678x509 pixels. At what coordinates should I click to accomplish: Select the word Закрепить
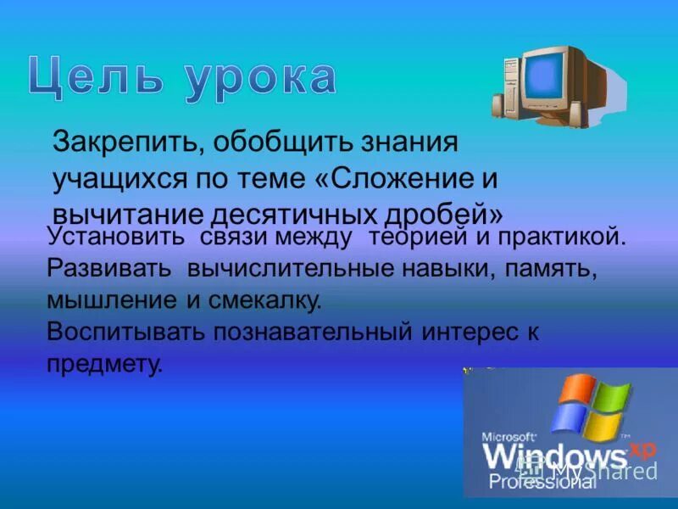click(x=122, y=142)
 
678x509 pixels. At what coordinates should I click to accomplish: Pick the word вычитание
click(x=123, y=212)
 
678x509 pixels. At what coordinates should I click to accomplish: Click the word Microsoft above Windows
click(x=508, y=436)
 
